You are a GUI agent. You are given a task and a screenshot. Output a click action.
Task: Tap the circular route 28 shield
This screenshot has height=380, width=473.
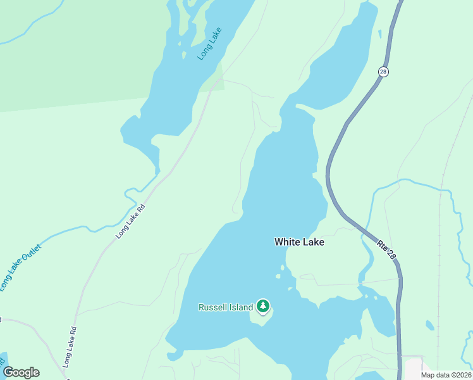(x=383, y=72)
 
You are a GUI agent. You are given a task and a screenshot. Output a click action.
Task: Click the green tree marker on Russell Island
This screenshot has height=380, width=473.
(x=262, y=307)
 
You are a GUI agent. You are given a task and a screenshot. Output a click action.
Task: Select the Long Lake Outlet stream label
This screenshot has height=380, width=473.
(x=20, y=267)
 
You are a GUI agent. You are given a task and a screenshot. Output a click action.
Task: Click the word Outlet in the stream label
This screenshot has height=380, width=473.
(x=30, y=255)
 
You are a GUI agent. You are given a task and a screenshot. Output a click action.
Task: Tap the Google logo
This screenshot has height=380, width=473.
(x=21, y=372)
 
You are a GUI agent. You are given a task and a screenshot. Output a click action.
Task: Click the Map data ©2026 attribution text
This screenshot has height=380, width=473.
(x=446, y=375)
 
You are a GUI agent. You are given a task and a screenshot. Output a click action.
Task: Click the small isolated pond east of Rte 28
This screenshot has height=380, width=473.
(x=430, y=326)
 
